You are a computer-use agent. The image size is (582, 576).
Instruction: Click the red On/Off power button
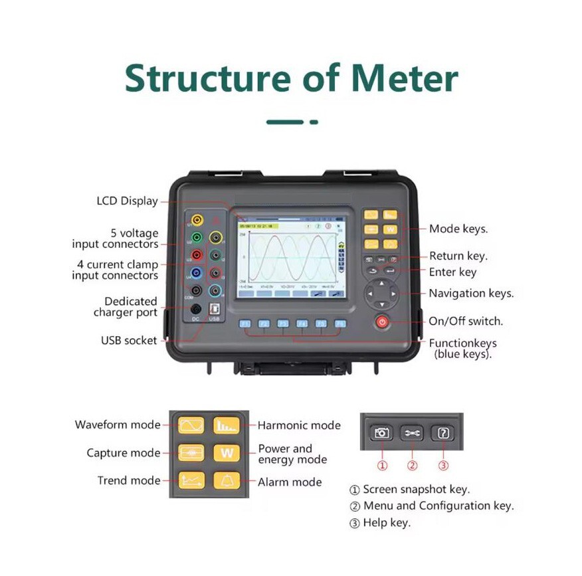click(x=382, y=322)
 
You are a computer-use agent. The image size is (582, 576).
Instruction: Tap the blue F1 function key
click(x=245, y=324)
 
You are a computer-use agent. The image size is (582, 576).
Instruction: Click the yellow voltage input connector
click(x=197, y=220)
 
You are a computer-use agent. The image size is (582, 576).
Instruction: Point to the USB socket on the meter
click(x=214, y=309)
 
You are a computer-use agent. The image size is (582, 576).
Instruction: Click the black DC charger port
click(x=197, y=309)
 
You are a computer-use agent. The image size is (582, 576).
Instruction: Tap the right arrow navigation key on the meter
click(x=393, y=293)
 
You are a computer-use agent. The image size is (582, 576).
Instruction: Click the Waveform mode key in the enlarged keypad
click(x=191, y=425)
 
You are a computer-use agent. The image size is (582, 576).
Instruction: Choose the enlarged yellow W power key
click(x=227, y=453)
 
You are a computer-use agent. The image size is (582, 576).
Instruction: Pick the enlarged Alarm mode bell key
click(x=227, y=480)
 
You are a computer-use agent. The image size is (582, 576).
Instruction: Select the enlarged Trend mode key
click(x=191, y=480)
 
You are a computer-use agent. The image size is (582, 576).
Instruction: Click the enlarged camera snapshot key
click(x=381, y=433)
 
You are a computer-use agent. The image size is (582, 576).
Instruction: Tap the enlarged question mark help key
click(x=443, y=433)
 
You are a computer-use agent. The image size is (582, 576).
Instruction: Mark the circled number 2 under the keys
click(x=413, y=466)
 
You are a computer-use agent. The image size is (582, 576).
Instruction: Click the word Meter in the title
click(x=405, y=78)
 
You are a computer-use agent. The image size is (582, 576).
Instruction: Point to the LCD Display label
click(x=127, y=201)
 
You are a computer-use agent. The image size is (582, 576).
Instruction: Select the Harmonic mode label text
click(x=299, y=425)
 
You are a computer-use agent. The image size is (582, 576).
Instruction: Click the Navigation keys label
click(x=471, y=293)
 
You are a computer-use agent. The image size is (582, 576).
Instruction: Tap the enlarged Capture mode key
click(x=191, y=453)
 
